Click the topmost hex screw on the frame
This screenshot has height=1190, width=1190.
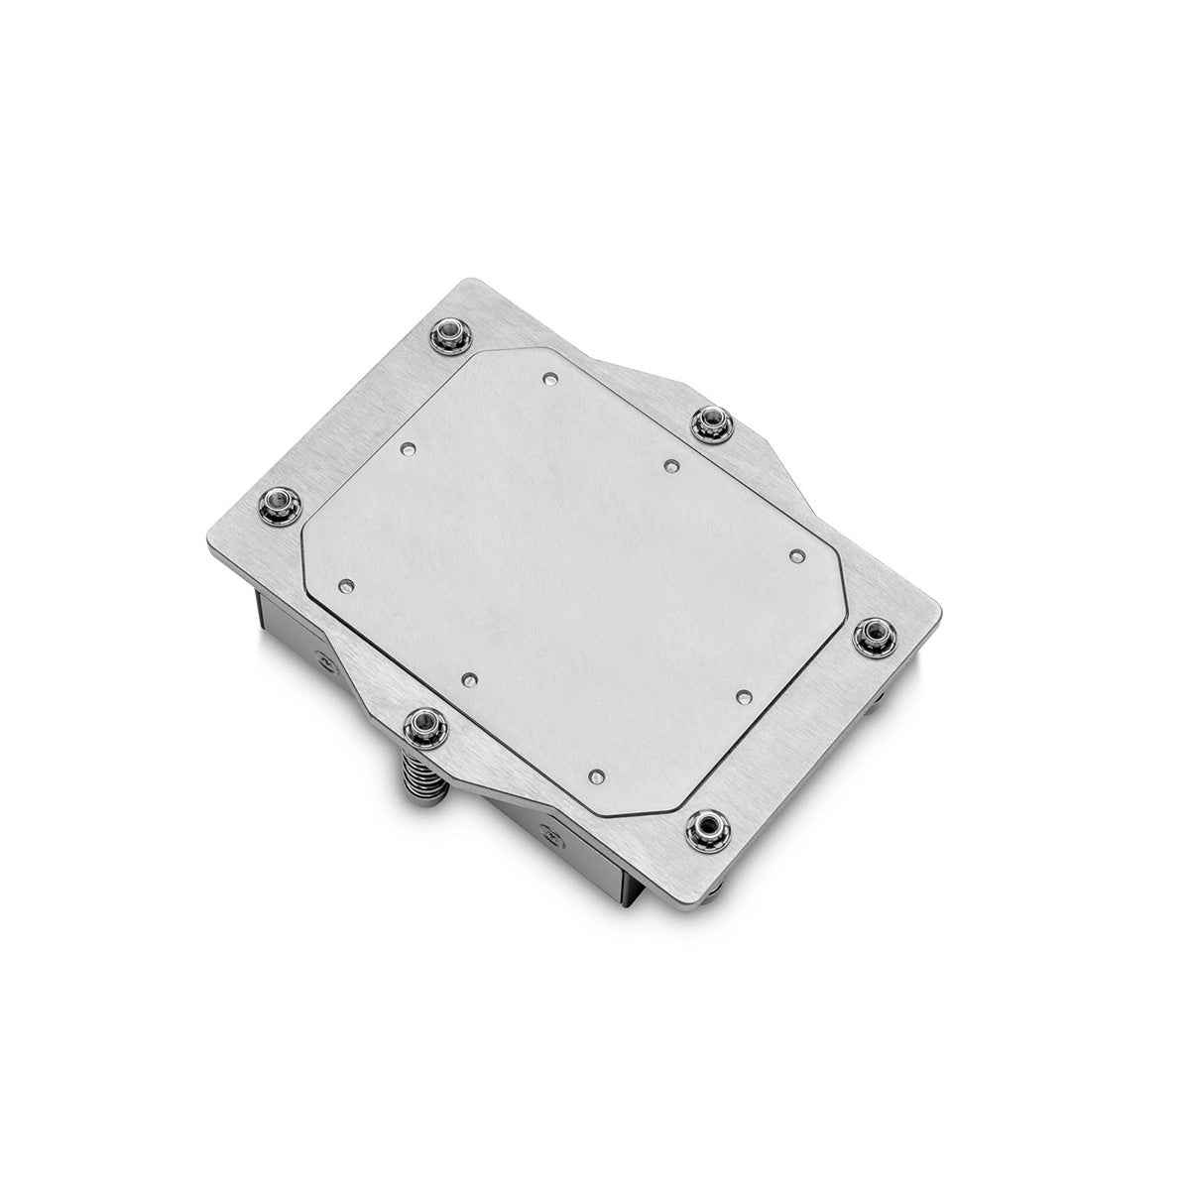451,336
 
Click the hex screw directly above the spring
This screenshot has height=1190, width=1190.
424,728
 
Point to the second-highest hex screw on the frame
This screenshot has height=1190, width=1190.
710,424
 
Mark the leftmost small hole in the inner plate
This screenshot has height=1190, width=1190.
345,587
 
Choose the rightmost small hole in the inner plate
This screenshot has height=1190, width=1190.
795,557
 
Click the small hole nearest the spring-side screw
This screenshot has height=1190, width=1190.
469,680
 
